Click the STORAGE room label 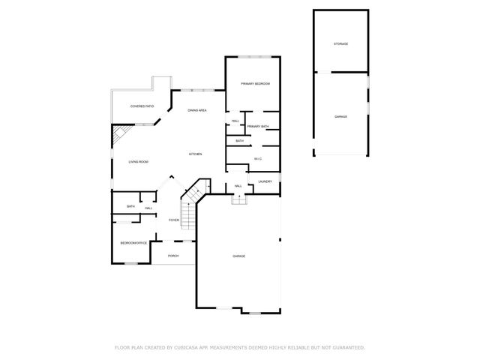pyautogui.click(x=340, y=43)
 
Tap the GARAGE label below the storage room pyautogui.click(x=340, y=116)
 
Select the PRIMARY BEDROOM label pyautogui.click(x=255, y=83)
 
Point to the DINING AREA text pyautogui.click(x=197, y=110)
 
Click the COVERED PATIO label pyautogui.click(x=142, y=106)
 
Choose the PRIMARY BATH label pyautogui.click(x=258, y=126)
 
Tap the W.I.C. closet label pyautogui.click(x=257, y=158)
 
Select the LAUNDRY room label pyautogui.click(x=265, y=181)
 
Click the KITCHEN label pyautogui.click(x=195, y=154)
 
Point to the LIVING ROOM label pyautogui.click(x=138, y=161)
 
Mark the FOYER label pyautogui.click(x=173, y=220)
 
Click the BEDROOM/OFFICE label pyautogui.click(x=133, y=243)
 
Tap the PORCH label pyautogui.click(x=172, y=256)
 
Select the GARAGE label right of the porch pyautogui.click(x=238, y=256)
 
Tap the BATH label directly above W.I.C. pyautogui.click(x=239, y=140)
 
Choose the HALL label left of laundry pyautogui.click(x=238, y=186)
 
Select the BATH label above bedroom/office pyautogui.click(x=130, y=207)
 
